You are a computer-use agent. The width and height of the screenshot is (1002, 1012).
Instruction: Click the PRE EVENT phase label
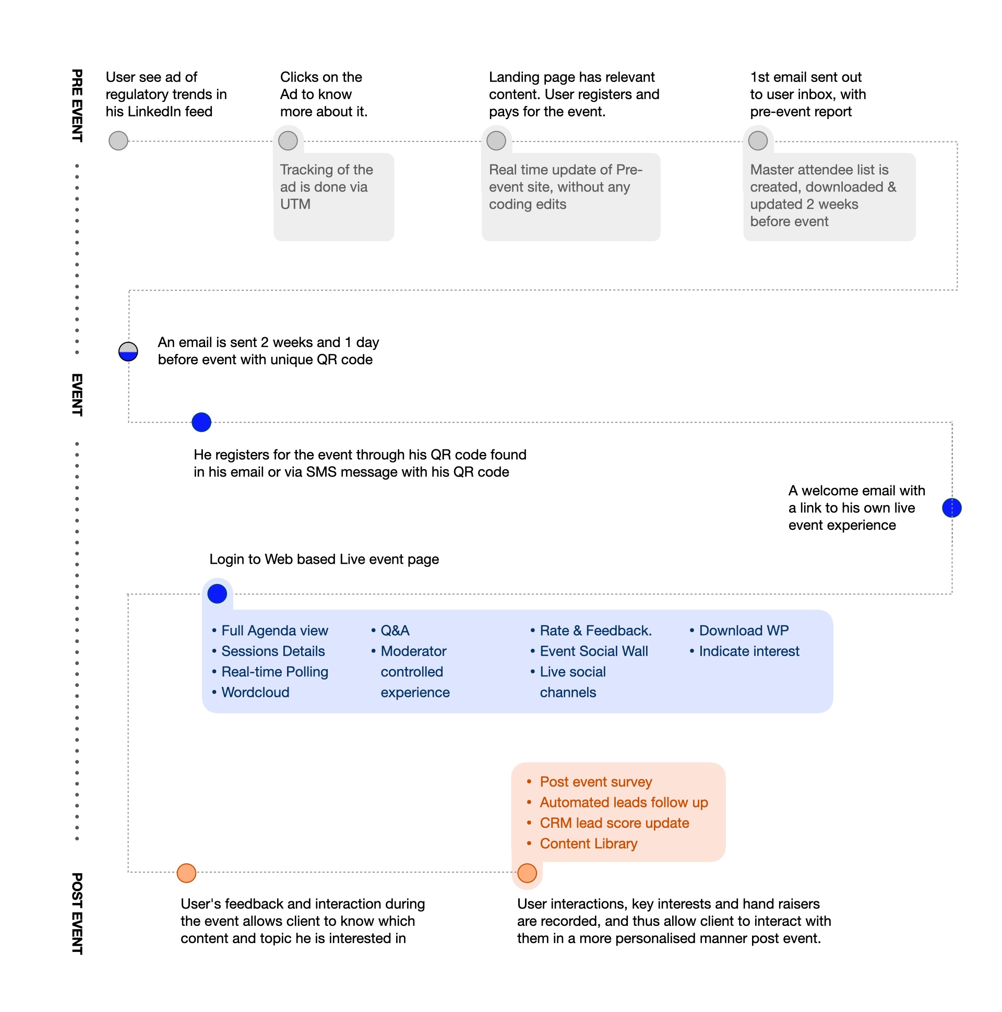pos(77,105)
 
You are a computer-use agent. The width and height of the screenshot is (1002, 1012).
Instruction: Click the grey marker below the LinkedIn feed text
pos(118,141)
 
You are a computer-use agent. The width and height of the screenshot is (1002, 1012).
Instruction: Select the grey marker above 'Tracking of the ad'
pos(288,141)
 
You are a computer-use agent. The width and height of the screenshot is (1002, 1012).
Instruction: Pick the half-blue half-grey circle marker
pos(128,352)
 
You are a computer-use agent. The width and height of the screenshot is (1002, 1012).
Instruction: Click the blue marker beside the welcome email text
pos(952,508)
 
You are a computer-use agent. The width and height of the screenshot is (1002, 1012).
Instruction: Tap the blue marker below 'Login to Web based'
pos(218,594)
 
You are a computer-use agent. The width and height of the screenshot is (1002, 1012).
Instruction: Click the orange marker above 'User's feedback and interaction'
pos(186,873)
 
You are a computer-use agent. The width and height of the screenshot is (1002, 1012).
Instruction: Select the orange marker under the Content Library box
pos(527,873)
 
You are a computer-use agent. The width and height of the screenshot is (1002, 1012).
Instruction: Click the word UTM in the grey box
pos(295,204)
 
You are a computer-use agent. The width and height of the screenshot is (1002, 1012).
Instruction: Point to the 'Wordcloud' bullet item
pos(255,693)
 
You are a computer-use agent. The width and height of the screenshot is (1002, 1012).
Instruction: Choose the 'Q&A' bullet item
pos(395,630)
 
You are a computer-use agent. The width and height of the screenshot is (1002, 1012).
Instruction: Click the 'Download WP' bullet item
pos(743,630)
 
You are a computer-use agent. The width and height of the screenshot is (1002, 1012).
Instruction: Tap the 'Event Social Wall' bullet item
pos(593,651)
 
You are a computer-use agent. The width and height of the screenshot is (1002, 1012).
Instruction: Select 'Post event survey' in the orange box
pos(595,782)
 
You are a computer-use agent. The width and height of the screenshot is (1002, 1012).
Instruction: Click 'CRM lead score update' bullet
pos(614,824)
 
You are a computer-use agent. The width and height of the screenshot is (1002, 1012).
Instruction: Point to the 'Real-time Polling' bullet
pos(275,672)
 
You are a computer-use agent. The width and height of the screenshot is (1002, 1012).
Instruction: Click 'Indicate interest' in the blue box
pos(749,651)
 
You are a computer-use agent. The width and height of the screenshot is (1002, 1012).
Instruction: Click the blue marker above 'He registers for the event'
pos(201,422)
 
